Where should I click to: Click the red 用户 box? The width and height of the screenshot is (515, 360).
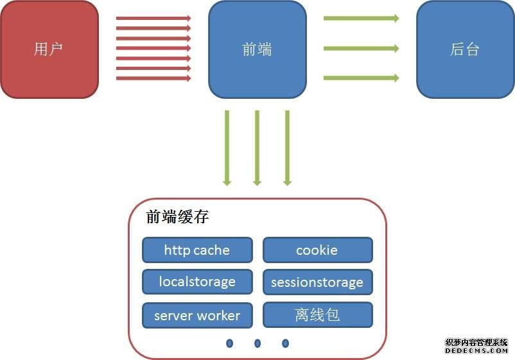coord(49,49)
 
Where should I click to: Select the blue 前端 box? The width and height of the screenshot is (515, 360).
coord(257,49)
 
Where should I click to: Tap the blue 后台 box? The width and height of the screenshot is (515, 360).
coord(465,49)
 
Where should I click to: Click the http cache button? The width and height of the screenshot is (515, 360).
coord(197,250)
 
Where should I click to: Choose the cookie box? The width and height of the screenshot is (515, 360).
coord(318,250)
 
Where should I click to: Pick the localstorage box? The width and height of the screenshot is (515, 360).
coord(197,282)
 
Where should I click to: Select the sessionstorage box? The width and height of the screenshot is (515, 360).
coord(318,282)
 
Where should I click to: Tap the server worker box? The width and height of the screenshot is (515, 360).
coord(197,315)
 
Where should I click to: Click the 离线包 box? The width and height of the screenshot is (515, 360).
coord(318,315)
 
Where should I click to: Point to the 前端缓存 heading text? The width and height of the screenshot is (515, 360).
coord(177,217)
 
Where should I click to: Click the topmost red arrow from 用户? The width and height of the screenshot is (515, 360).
coord(153,18)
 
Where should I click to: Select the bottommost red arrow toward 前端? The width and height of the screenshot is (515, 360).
coord(153,78)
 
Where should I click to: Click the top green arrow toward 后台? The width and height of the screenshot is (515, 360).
coord(361,18)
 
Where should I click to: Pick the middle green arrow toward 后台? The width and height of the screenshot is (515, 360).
coord(361,49)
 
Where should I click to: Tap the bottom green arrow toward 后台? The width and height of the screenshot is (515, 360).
coord(361,78)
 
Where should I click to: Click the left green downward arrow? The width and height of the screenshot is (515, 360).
coord(227,148)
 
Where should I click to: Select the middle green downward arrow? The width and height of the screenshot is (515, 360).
coord(257,148)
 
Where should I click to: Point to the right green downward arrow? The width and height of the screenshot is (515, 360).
coord(288,148)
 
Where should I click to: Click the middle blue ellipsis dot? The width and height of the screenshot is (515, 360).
coord(257,343)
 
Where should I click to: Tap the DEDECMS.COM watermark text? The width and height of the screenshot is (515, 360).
coord(476,350)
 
